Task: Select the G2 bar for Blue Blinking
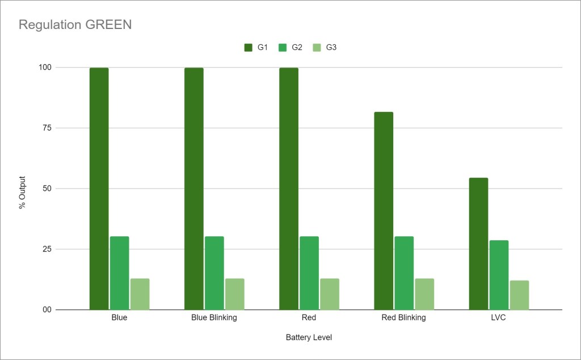214,273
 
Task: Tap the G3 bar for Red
330,294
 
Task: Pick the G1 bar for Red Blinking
384,211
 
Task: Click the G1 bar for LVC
478,244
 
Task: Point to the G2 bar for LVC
499,275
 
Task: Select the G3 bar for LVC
519,295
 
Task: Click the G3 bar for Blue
140,294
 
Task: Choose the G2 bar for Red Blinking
404,273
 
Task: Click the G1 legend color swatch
249,48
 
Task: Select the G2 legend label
297,48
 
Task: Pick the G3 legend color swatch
317,48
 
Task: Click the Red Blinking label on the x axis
403,317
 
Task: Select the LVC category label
499,317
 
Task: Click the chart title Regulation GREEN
75,25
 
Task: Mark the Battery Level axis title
309,337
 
